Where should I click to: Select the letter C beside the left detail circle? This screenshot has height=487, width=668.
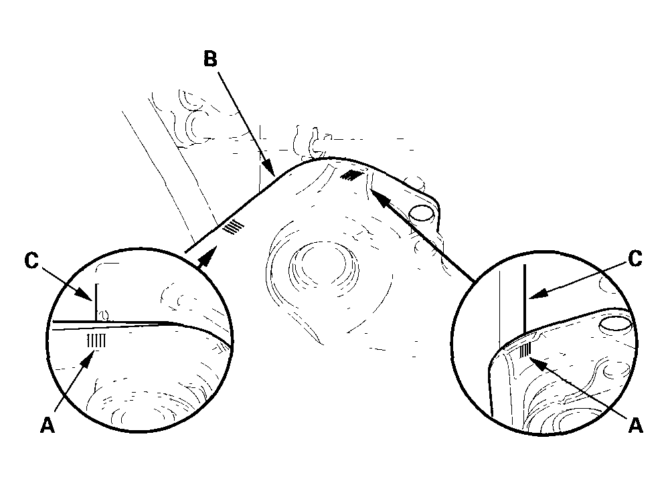30,262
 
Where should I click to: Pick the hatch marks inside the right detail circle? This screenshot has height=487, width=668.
525,349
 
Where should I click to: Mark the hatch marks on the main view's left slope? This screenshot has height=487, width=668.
234,227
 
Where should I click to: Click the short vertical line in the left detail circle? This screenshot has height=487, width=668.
96,301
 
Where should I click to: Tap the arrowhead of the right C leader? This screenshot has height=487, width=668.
533,294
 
